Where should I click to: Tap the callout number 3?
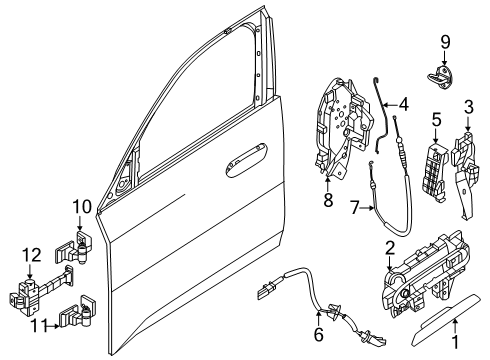[x=467, y=107]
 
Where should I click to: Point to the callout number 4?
[x=403, y=102]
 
